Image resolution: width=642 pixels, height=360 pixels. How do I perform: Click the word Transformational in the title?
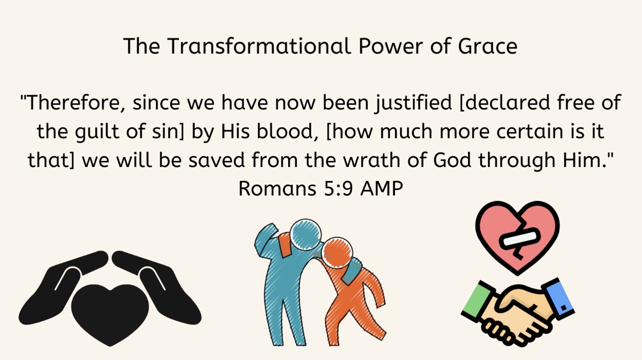259,46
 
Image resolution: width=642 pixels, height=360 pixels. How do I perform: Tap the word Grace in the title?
488,46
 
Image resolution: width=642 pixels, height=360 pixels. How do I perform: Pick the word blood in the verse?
285,132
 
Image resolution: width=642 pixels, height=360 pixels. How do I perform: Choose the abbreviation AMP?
382,189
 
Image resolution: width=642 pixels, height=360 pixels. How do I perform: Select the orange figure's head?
337,252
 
